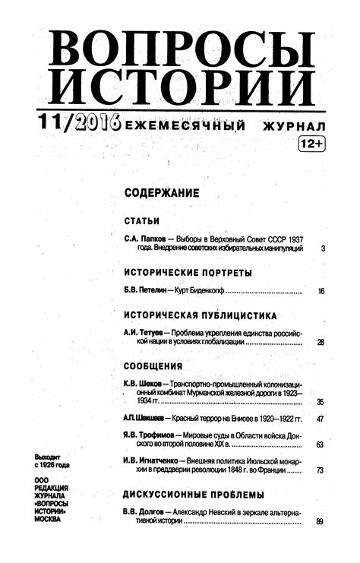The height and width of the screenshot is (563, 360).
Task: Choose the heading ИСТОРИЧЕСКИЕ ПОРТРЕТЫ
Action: (x=187, y=272)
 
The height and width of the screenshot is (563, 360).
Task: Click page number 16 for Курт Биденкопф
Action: (x=321, y=291)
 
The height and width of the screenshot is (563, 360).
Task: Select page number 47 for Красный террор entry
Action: (x=321, y=419)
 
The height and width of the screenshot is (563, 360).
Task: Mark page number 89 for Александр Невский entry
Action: (x=321, y=520)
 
